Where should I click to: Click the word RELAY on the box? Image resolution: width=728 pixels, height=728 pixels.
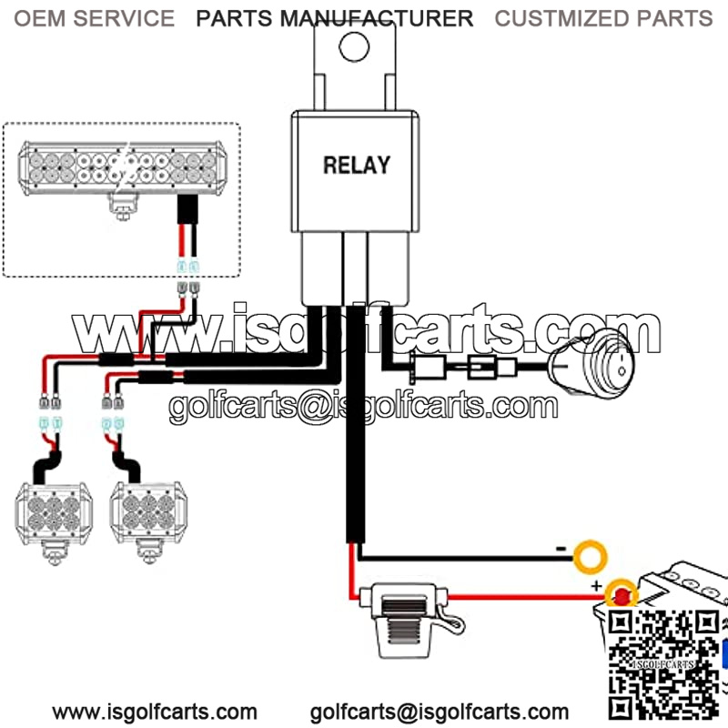357,165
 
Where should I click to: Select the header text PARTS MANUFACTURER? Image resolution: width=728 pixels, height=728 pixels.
335,18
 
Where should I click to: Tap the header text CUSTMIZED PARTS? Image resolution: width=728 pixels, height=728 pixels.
603,18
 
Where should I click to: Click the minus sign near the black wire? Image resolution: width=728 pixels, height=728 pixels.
562,549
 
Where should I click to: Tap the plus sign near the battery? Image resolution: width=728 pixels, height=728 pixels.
597,585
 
